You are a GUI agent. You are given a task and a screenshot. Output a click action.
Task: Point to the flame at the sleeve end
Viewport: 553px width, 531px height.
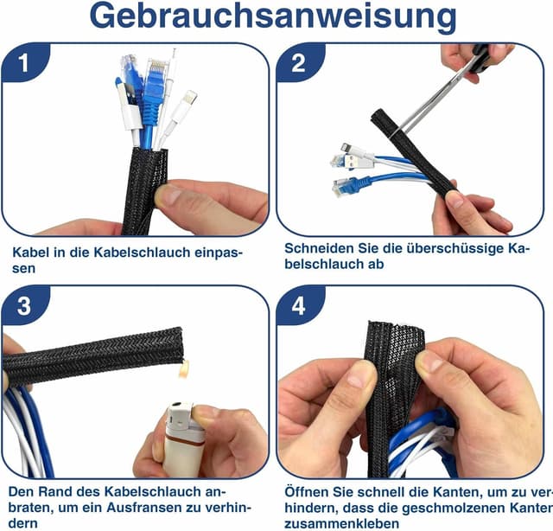183,370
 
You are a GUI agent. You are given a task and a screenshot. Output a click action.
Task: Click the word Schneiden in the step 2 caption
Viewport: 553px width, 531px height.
318,247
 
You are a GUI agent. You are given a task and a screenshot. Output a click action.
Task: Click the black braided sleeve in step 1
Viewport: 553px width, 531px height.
143,190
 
